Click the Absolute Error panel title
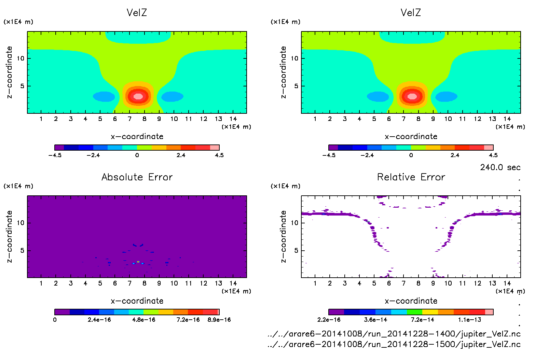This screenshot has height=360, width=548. [137, 177]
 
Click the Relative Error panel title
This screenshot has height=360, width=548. [411, 177]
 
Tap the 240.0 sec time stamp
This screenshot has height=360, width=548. [500, 167]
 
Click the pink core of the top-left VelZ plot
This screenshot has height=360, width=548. [138, 96]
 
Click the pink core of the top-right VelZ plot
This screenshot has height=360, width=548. [412, 96]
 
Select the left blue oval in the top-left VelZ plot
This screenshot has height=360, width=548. [104, 97]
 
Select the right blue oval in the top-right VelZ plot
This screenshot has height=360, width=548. [446, 97]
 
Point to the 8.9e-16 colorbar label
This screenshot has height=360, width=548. [219, 320]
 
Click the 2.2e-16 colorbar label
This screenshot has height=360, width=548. [329, 320]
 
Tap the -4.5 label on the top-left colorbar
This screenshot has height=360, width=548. [55, 155]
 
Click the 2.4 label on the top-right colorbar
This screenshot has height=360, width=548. [455, 155]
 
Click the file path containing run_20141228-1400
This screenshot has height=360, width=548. [394, 334]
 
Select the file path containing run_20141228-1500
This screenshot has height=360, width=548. [394, 344]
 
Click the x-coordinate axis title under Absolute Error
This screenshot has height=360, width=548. [137, 301]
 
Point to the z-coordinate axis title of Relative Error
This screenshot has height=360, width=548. [283, 236]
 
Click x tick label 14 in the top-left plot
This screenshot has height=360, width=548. [233, 119]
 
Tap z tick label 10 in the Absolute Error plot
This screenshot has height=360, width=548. [20, 223]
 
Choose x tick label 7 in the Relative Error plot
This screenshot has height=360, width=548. [403, 283]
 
